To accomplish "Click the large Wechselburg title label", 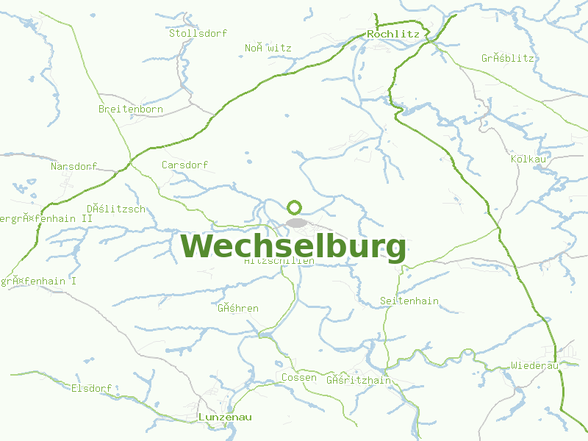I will pos(293,247).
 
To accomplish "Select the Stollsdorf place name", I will pos(198,33).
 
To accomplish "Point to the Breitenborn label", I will pos(131,110).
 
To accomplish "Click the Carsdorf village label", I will pos(184,165).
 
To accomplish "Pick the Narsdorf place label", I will pos(73,166).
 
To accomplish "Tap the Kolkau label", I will pos(528,159).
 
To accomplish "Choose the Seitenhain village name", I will pos(409,301).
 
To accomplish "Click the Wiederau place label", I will pos(534,365).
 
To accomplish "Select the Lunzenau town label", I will pos(225,417).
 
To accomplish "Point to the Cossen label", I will pos(299,378).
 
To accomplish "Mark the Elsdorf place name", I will pos(91,388).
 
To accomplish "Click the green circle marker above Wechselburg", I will pos(295,207).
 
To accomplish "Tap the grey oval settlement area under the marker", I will pos(297,222).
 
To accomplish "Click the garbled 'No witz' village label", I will pos(268,49).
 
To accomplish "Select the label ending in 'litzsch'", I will pos(116,209).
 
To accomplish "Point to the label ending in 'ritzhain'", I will pos(359,381).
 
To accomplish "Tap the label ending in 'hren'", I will pos(238,309).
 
